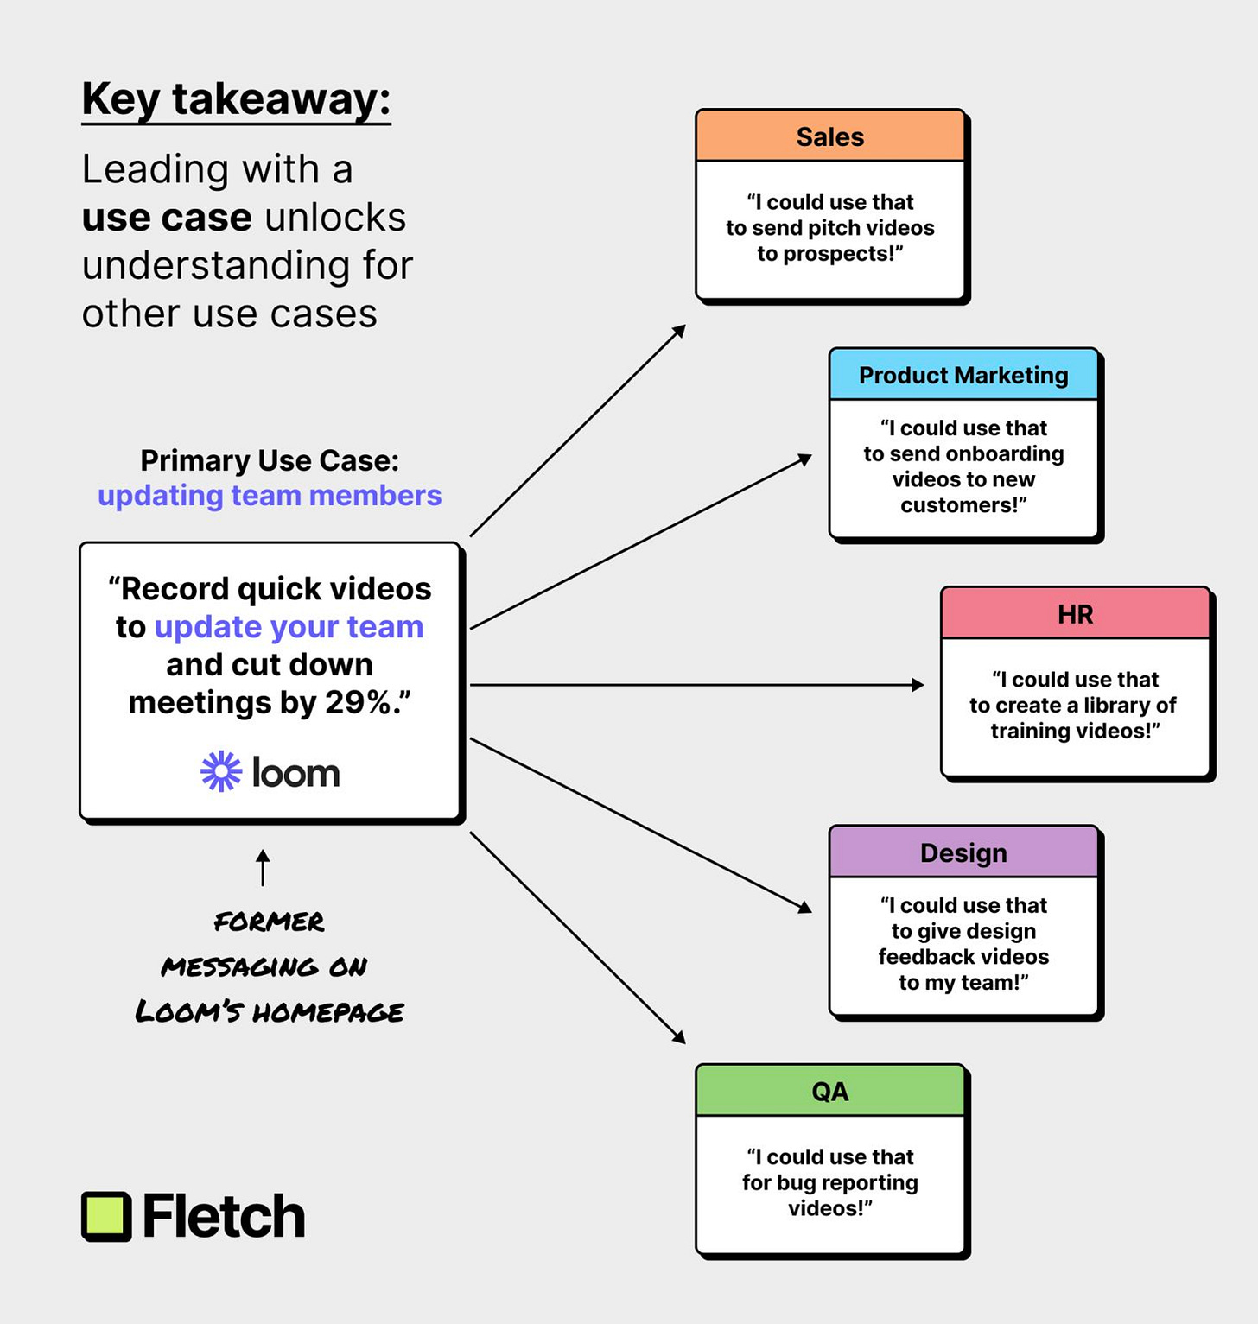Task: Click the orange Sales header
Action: point(829,136)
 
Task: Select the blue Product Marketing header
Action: point(963,375)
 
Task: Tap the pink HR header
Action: point(1075,614)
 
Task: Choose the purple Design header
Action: point(963,852)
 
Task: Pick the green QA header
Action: point(829,1091)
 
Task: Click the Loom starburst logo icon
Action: point(221,771)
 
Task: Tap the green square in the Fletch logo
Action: point(106,1216)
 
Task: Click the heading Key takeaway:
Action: point(236,99)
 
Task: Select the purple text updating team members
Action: point(270,496)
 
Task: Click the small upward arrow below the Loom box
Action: point(264,866)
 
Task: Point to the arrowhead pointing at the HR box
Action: point(918,685)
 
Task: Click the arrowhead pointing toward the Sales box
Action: point(680,330)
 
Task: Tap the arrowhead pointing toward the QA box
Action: point(680,1038)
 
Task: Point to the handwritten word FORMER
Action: point(269,922)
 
